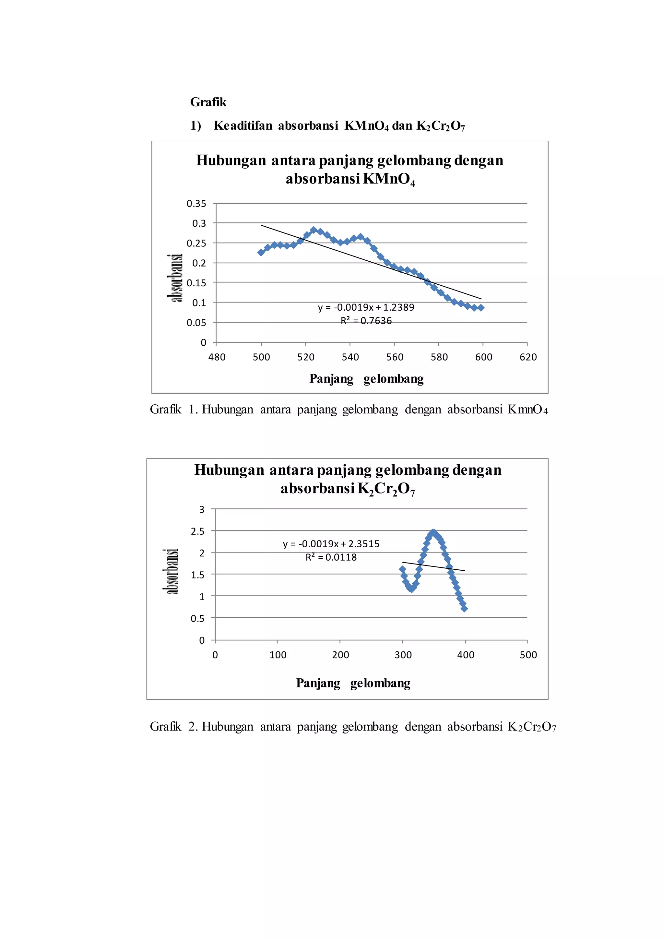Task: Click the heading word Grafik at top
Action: [208, 102]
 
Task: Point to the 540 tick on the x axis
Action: [350, 357]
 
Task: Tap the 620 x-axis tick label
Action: [528, 357]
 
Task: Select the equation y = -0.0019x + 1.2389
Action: [366, 308]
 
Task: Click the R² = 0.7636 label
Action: [366, 321]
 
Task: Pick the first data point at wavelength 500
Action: [261, 252]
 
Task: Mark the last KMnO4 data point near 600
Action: [481, 308]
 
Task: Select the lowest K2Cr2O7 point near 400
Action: [464, 608]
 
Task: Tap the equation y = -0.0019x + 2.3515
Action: [331, 544]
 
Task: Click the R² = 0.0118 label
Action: [331, 557]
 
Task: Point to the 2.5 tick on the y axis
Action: [197, 531]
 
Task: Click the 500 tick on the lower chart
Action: [528, 655]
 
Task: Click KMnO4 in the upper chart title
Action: [389, 180]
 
